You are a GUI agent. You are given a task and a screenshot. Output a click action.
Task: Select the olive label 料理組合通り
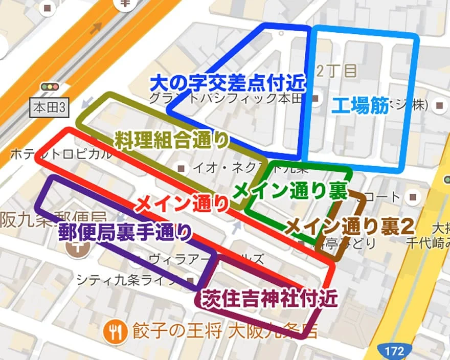tap(171, 140)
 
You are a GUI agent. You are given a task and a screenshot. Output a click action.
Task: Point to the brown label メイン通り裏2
tap(349, 226)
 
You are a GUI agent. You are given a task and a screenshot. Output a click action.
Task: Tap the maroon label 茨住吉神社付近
tap(270, 297)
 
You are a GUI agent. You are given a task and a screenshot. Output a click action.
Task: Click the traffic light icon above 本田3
tap(50, 87)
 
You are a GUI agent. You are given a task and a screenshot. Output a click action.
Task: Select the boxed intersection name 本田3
tap(49, 108)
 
